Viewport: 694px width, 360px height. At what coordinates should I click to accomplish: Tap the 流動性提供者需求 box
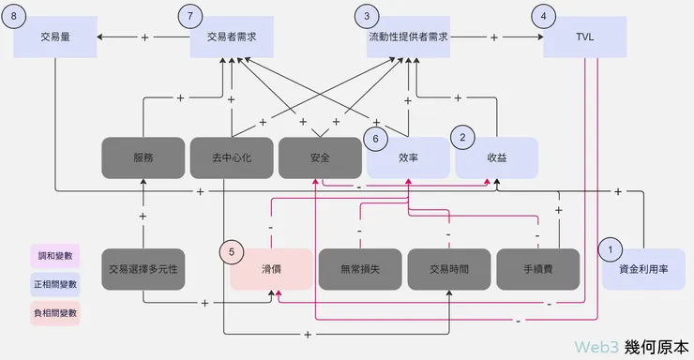407,37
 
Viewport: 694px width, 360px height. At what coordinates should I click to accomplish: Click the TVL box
584,37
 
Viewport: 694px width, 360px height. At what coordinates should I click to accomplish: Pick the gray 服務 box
143,158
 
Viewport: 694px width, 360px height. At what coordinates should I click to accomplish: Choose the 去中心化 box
231,158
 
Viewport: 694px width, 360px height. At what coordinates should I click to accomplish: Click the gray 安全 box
319,158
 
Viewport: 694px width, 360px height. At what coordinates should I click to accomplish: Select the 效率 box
408,158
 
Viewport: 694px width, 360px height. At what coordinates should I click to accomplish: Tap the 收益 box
496,158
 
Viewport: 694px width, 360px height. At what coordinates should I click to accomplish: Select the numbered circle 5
233,251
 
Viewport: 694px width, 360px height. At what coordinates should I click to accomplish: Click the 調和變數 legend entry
54,255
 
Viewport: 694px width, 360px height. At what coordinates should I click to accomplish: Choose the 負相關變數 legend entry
54,313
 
